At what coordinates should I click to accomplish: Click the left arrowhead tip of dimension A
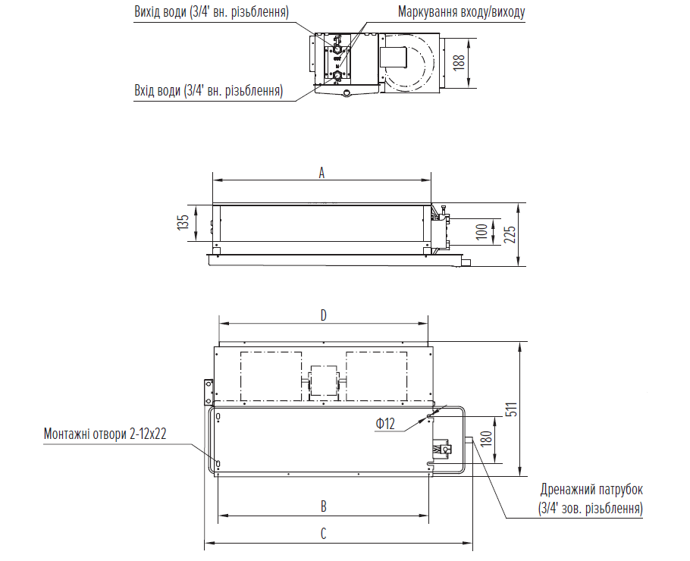tap(213, 180)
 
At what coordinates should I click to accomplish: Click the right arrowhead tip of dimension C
tap(472, 543)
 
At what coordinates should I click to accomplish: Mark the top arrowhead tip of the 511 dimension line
tap(521, 342)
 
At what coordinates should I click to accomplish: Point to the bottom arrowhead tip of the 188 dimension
tap(470, 87)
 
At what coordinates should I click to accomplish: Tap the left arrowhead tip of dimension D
tap(219, 324)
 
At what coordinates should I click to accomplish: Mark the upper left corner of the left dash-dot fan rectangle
tap(240, 352)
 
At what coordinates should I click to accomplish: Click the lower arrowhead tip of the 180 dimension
tap(495, 463)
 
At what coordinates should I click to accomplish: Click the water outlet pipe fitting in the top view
tap(337, 49)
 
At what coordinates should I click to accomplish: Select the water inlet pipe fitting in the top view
tap(337, 75)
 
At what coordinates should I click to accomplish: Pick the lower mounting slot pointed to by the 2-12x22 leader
tap(218, 463)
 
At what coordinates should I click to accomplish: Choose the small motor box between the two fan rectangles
tap(324, 383)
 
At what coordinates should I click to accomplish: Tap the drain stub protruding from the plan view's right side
tap(469, 440)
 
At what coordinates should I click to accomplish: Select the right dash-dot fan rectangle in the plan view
tap(377, 376)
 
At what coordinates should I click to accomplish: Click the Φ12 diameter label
tap(385, 424)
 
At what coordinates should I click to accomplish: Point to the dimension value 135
tap(183, 222)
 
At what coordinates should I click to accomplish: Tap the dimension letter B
tap(324, 506)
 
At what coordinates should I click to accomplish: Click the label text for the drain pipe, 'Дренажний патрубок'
tap(591, 489)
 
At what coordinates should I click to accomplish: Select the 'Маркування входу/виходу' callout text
tap(461, 12)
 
